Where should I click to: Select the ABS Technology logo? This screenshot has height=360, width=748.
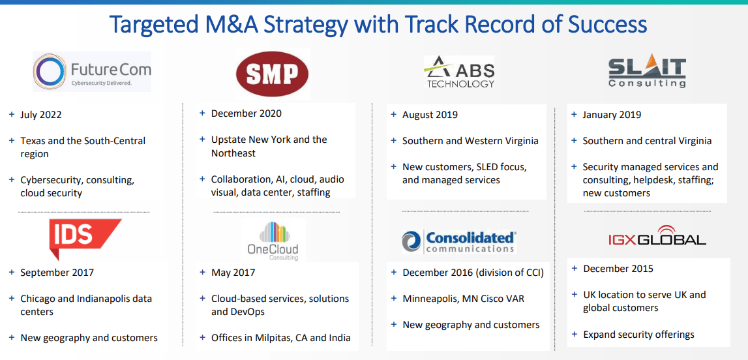point(460,72)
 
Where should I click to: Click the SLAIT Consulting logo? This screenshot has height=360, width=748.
point(646,72)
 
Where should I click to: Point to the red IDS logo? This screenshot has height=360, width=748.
point(85,237)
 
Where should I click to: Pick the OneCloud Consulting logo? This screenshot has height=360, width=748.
point(273,241)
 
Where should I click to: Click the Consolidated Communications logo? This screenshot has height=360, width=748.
point(458,241)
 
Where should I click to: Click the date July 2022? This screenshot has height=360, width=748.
point(41,115)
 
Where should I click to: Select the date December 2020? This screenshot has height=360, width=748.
point(247,113)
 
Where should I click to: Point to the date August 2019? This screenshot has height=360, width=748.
point(430,115)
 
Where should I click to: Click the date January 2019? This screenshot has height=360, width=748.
point(612,115)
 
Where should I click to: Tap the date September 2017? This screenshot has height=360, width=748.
point(57,273)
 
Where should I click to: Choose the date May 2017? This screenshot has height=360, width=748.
point(233,273)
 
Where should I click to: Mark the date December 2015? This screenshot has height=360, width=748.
point(618,269)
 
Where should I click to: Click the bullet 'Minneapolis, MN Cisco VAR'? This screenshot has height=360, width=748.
point(463,299)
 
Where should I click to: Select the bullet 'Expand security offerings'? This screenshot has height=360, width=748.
point(638,335)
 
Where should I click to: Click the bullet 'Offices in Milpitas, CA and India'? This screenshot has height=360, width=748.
point(280,338)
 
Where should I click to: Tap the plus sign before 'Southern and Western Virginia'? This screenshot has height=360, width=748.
point(393,141)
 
